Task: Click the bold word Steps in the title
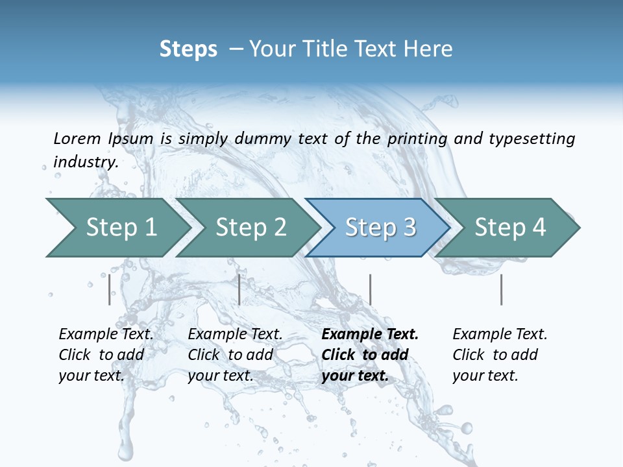[188, 49]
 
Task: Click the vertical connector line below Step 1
[110, 289]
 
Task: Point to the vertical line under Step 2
[239, 289]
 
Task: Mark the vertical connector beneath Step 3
[370, 289]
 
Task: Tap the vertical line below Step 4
[501, 289]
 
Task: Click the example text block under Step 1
[106, 355]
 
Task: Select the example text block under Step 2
[235, 355]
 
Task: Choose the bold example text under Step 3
[370, 355]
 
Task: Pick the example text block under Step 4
[500, 355]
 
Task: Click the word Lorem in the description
[77, 138]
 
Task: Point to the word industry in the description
[86, 162]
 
